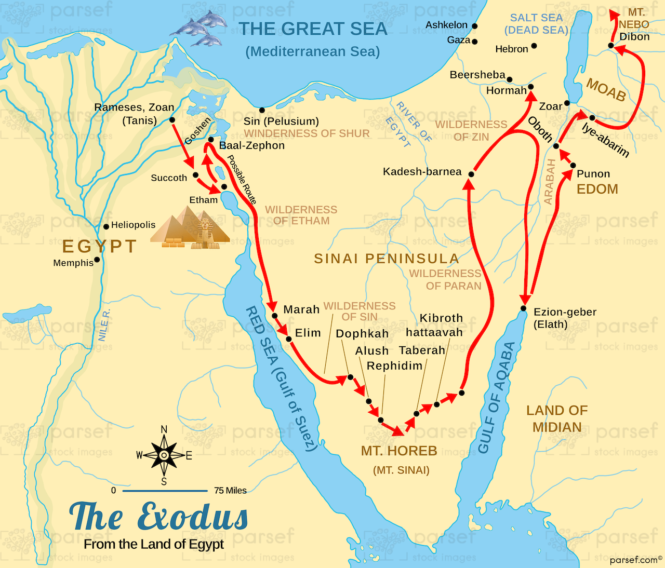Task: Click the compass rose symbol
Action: (x=164, y=455)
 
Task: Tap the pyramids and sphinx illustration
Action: (x=191, y=228)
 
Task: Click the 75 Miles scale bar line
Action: (x=165, y=490)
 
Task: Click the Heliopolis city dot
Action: (x=106, y=226)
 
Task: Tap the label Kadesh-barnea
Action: (x=422, y=172)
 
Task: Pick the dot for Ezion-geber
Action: (x=524, y=309)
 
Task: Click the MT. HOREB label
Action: (x=399, y=451)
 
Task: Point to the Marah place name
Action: (x=301, y=309)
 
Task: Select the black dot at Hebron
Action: (x=534, y=46)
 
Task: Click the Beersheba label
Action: (x=477, y=75)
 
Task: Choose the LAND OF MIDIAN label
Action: (x=557, y=418)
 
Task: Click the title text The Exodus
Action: (x=159, y=517)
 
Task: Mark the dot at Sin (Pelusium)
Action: (x=262, y=110)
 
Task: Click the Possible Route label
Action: (x=242, y=180)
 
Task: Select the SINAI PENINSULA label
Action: (x=387, y=259)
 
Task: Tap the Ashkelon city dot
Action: (x=474, y=26)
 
